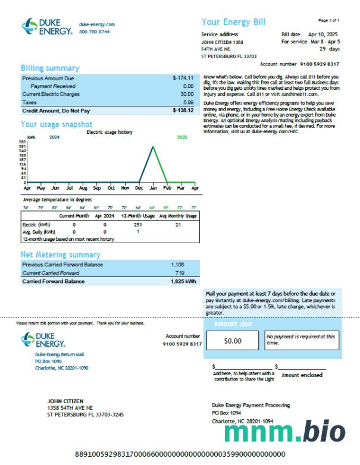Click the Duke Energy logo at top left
[47, 27]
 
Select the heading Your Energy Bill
[233, 23]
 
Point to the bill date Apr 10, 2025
[322, 34]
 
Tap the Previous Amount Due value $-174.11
[183, 78]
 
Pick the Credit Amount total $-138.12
[183, 111]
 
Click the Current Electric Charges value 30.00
[187, 94]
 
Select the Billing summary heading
[49, 68]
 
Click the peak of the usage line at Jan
[154, 146]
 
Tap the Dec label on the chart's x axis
[139, 188]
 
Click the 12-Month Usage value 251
[138, 225]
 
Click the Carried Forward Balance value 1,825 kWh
[183, 281]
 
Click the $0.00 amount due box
[233, 341]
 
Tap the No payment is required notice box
[300, 340]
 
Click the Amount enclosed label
[302, 375]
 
